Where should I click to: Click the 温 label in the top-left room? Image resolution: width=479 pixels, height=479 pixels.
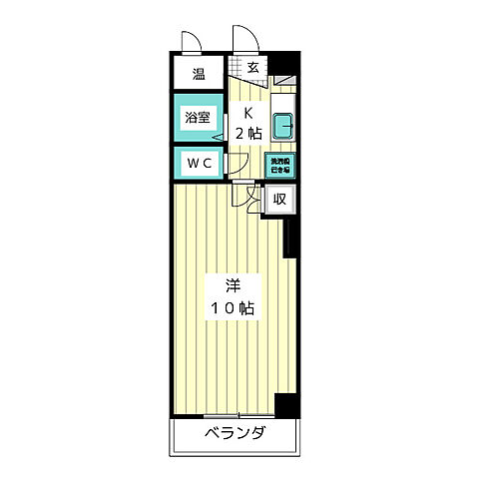pos(199,73)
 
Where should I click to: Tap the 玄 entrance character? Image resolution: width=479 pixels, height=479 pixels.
pos(253,69)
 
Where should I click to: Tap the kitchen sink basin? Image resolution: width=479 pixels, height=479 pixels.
pos(282,126)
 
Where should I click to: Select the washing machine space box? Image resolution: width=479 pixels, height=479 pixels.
pos(280,165)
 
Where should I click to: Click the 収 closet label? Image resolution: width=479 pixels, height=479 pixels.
pos(280,200)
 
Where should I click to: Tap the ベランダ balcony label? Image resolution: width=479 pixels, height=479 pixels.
pos(236,433)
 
